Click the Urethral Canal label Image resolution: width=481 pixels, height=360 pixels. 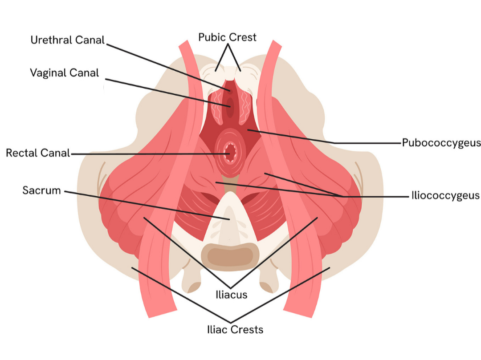(x=67, y=40)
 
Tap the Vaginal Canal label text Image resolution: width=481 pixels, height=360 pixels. (x=65, y=73)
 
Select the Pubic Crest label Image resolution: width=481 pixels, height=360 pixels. (x=228, y=37)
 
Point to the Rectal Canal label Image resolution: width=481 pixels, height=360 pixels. (x=38, y=154)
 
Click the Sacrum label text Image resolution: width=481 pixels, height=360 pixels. (x=41, y=191)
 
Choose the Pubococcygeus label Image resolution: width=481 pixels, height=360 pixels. (x=441, y=143)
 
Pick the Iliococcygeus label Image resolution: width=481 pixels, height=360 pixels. (x=445, y=195)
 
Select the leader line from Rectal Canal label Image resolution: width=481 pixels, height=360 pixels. (x=147, y=154)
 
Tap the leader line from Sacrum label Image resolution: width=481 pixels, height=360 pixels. (x=147, y=205)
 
